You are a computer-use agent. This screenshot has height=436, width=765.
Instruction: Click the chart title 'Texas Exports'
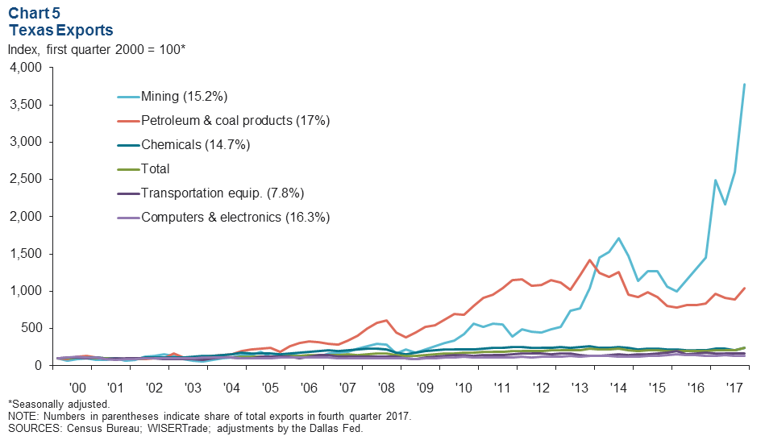pos(60,30)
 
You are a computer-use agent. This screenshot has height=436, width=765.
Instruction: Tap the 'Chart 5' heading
pos(33,13)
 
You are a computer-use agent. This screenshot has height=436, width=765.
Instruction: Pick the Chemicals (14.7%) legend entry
pos(195,145)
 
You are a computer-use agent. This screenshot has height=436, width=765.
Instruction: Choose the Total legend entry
pos(155,169)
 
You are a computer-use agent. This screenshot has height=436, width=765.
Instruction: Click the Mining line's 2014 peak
pos(617,239)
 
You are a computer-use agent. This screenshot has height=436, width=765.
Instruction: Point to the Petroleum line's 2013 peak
pos(590,260)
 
